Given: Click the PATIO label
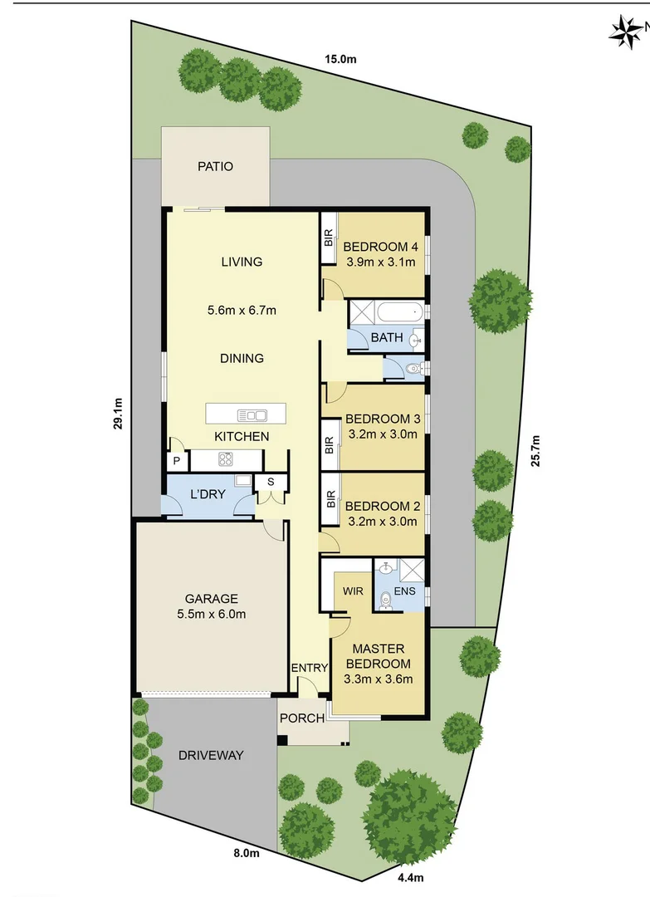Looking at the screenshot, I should [x=215, y=166].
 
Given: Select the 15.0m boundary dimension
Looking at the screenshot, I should [x=340, y=59].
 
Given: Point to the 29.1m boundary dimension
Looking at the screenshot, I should [x=120, y=413].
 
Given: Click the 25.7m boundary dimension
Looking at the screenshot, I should [x=535, y=452].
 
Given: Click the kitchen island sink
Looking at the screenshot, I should [x=252, y=414].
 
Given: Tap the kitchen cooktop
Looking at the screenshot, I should [x=225, y=458].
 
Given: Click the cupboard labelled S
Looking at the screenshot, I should [x=270, y=482].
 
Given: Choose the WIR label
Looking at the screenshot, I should [x=343, y=591].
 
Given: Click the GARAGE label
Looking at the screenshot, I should [x=211, y=598].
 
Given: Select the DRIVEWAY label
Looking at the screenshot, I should [x=211, y=755].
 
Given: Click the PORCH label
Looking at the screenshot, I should [x=302, y=718].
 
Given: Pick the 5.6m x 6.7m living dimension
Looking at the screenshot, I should [x=242, y=311].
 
